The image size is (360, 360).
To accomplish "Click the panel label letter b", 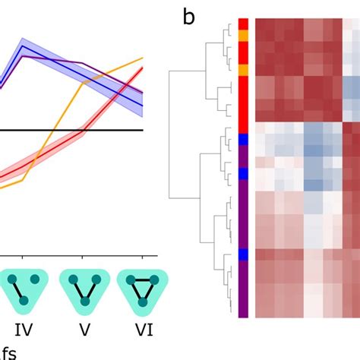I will pos(189,16).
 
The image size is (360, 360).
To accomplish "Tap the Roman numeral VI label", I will pos(142,330).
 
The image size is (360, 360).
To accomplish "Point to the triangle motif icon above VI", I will pos(142,289).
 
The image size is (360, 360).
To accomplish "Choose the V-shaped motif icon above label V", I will pos(83,289).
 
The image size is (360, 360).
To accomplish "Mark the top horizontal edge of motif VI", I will pos(142,281).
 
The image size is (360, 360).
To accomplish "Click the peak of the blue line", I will pos(24,46).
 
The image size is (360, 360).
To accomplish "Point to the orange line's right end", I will pos(143,58).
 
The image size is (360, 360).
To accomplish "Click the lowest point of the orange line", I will pos(24,180).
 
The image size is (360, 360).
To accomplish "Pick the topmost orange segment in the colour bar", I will pos(243,35).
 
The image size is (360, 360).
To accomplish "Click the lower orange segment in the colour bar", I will pos(243,70).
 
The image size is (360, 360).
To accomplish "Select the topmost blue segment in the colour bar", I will pos(243,139).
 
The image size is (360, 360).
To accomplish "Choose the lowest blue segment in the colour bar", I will pos(243,254).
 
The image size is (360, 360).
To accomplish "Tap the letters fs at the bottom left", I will pos(8,352).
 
